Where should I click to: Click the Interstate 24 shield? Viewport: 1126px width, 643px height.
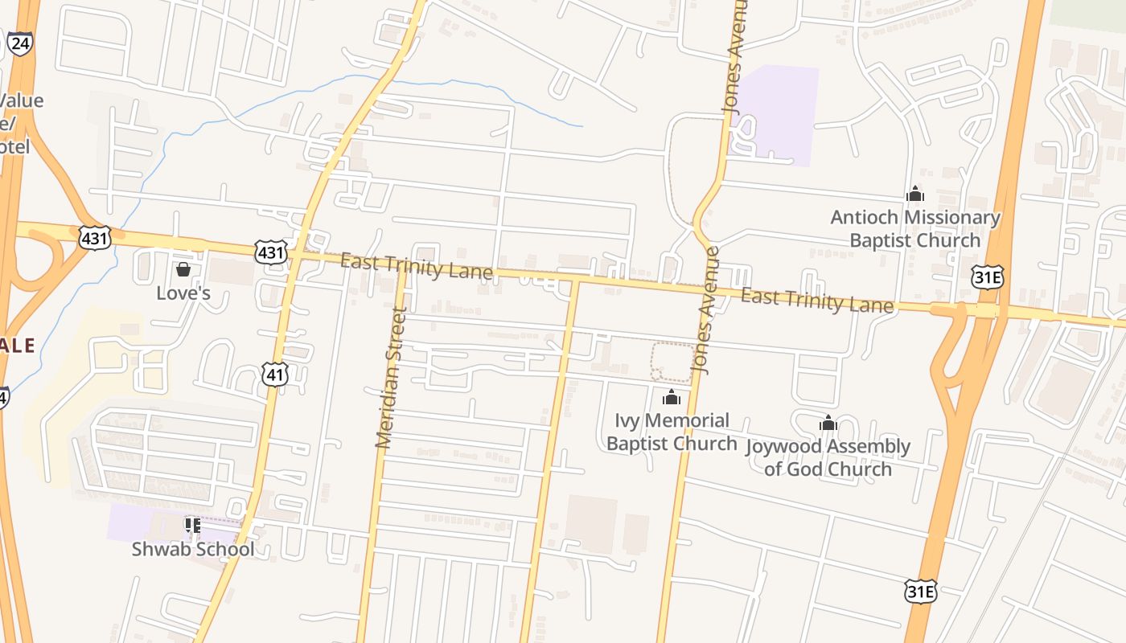20,43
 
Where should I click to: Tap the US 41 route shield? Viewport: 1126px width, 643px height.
275,373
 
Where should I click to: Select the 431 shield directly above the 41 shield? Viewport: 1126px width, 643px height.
270,252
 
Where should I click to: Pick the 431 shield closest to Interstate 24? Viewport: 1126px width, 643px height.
94,237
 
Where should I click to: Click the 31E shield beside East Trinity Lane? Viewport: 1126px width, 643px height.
987,277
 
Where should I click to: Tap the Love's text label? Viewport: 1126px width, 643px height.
183,293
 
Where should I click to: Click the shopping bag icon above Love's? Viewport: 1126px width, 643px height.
183,268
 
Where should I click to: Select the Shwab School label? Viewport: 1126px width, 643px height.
193,549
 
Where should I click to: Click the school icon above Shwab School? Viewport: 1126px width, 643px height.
192,526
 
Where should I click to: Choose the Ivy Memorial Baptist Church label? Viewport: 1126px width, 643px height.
672,432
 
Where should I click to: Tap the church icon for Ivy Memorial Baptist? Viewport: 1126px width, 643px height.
672,397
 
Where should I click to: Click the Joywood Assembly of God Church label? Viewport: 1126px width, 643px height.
828,457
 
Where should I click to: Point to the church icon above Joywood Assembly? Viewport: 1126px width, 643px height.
828,423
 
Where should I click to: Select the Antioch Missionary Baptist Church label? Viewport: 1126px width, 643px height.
915,228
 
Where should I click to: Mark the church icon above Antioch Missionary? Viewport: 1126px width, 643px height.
915,194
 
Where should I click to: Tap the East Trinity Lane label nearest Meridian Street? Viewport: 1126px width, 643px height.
416,266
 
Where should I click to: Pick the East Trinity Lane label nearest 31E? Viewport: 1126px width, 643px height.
816,301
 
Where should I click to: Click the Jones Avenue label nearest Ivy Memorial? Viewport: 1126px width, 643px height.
705,310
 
